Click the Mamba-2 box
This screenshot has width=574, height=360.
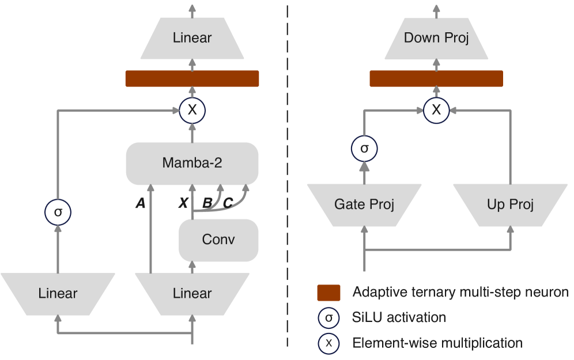point(192,163)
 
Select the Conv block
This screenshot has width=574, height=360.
point(218,240)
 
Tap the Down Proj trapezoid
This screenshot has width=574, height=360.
point(436,39)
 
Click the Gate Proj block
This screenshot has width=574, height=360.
point(364,204)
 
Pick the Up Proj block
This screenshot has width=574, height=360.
point(510,204)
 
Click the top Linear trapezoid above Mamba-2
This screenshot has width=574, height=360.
point(192,39)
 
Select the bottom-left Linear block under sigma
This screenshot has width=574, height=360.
point(58,293)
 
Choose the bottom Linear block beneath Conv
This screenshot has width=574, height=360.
point(192,293)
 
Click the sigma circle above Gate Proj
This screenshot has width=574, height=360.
point(364,149)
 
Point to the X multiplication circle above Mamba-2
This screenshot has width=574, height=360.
point(192,111)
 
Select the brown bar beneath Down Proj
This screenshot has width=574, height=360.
point(436,79)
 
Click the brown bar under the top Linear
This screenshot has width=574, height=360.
point(192,79)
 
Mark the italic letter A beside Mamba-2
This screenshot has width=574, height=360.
point(140,203)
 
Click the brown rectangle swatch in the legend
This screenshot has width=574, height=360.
point(328,293)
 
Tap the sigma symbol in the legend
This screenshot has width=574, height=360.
point(328,318)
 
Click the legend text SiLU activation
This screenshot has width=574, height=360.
point(399,317)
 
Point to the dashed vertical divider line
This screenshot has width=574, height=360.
point(287,173)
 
